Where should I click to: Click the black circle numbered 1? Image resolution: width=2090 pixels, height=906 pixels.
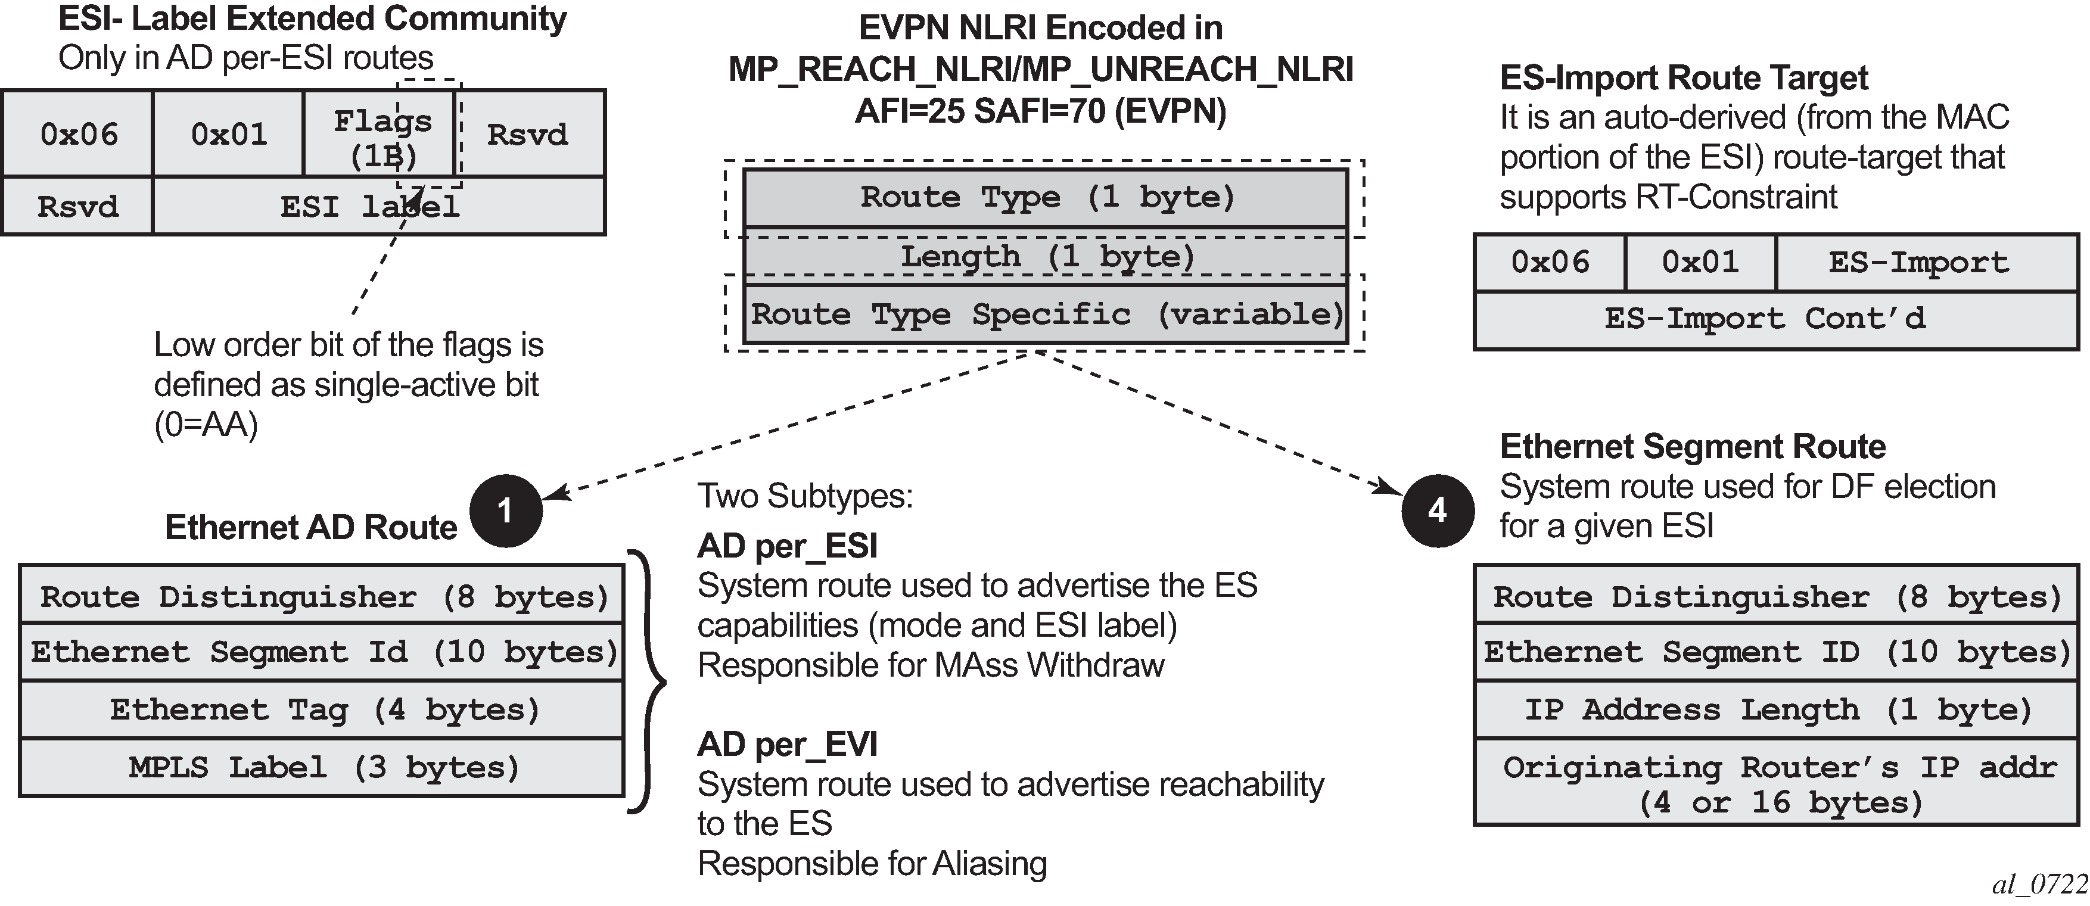click(x=505, y=511)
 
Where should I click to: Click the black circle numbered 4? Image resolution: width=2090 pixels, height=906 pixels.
click(x=1437, y=511)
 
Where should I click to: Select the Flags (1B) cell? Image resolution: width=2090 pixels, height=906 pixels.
click(x=380, y=135)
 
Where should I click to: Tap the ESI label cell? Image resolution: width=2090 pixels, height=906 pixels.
click(x=378, y=207)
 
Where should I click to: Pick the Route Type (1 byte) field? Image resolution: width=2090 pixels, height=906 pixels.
click(x=1046, y=197)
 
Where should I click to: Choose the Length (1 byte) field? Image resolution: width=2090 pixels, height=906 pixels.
click(x=1046, y=256)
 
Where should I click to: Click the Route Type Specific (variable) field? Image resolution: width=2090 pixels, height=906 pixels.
click(x=1046, y=314)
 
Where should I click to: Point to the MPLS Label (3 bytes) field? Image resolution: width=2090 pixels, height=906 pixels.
click(x=322, y=767)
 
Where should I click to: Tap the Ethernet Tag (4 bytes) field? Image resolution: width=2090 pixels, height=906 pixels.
click(x=322, y=709)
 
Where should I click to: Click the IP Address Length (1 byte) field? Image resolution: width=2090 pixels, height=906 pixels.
click(x=1775, y=709)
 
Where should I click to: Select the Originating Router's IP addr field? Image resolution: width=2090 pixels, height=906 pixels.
click(x=1775, y=783)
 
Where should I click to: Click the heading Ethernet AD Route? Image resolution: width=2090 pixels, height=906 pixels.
click(x=311, y=527)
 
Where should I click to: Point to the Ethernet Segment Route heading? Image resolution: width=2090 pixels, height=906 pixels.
click(x=1693, y=447)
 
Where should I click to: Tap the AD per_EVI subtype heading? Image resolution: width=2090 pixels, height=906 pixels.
click(x=787, y=744)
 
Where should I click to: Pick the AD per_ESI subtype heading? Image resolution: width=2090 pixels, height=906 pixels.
click(x=787, y=546)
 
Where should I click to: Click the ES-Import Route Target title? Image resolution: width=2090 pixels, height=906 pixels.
click(x=1684, y=78)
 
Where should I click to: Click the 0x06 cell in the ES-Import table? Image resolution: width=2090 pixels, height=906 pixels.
click(x=1550, y=263)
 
